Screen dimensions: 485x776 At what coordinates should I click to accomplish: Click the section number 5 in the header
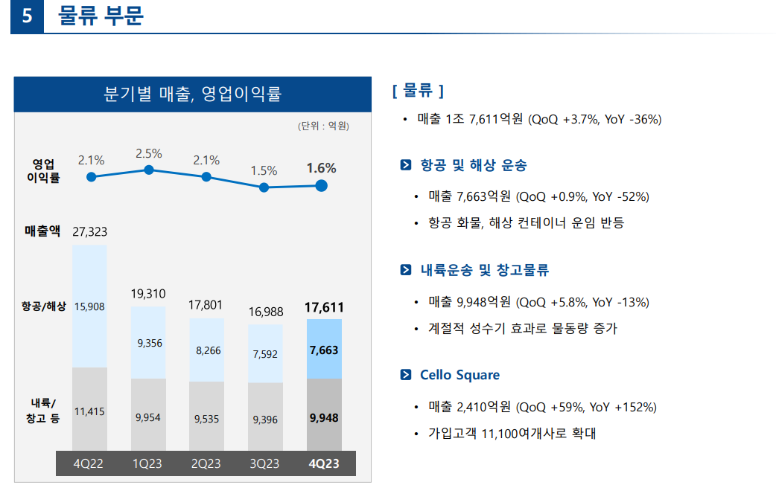coord(27,16)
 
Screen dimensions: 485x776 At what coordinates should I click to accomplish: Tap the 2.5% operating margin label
coord(148,154)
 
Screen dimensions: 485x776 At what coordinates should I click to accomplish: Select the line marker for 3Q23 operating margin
coord(264,187)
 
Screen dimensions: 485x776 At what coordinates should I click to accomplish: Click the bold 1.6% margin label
coord(321,169)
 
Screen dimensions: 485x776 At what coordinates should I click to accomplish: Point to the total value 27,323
coord(89,233)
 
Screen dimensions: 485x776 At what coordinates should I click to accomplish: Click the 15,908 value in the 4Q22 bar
coord(89,306)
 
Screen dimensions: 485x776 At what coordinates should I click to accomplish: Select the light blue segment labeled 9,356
coord(148,343)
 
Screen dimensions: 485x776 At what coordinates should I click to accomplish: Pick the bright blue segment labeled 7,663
coord(324,350)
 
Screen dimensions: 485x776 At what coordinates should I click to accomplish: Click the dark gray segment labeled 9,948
coord(324,417)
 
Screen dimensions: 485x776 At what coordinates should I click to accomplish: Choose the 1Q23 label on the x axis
coord(148,463)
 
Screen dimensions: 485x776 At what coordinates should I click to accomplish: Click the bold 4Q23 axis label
coord(324,463)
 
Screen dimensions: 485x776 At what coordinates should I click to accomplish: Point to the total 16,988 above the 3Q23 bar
coord(265,312)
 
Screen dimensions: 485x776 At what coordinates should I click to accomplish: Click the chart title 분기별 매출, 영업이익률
coord(192,94)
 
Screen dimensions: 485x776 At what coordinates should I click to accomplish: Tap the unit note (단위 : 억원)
coord(322,126)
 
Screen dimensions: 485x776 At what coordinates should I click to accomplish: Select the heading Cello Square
coord(459,375)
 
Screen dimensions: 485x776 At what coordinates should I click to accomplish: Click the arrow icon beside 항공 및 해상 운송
coord(405,165)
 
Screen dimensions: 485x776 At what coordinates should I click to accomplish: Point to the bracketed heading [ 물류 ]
coord(417,91)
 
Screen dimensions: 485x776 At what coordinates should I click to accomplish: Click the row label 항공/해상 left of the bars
coord(43,306)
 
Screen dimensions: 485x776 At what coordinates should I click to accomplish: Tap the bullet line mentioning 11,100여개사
coord(512,433)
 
